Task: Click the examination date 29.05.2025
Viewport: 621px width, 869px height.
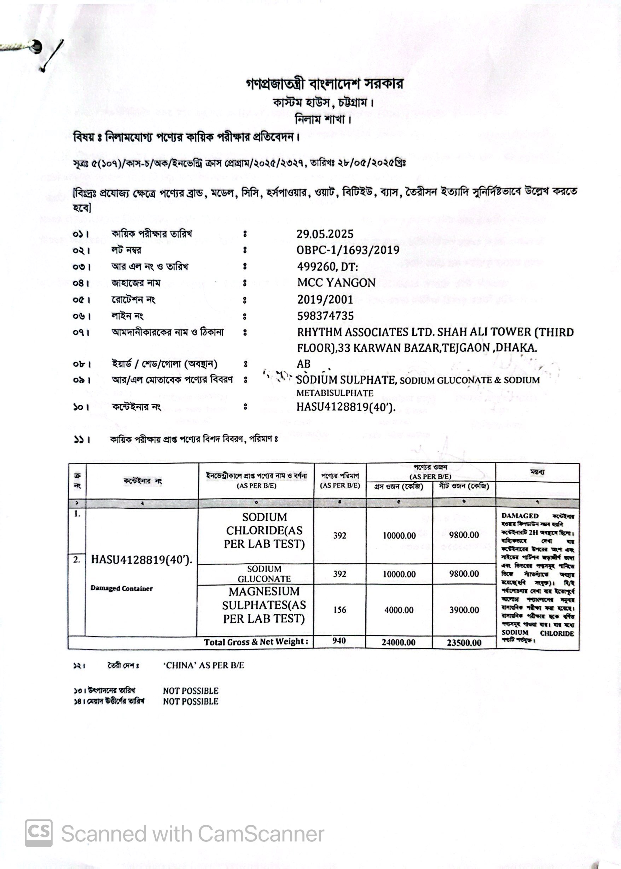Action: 325,234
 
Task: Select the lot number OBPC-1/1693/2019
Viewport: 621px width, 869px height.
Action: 348,250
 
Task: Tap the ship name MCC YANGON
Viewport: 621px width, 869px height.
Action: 336,283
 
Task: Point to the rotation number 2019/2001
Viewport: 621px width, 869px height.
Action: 325,299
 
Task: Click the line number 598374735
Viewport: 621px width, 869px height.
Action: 325,316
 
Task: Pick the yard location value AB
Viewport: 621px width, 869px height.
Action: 304,364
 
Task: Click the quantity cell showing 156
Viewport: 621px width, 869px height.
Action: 339,610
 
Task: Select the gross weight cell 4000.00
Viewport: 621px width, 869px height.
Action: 399,610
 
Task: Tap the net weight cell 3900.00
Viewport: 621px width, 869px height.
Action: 464,610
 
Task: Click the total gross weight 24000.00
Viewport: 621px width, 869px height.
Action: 399,643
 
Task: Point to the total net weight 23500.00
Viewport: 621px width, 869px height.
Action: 464,643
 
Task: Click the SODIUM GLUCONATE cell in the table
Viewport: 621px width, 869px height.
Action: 264,574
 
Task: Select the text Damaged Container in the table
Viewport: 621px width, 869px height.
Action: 122,588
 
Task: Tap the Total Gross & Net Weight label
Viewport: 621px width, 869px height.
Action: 256,642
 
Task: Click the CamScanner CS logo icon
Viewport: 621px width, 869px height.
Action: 39,833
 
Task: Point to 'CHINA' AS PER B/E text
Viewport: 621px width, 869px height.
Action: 203,665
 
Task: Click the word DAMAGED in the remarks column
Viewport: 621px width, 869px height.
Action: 520,516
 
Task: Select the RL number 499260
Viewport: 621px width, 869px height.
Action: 316,266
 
